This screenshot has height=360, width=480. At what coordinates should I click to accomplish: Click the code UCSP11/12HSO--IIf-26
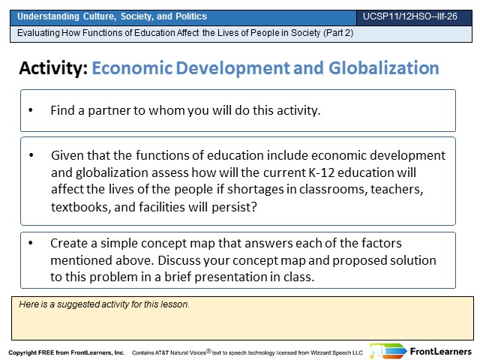tap(410, 16)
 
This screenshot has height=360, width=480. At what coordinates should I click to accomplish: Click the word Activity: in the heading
tap(53, 68)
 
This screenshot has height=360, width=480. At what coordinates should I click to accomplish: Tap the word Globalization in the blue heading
tap(384, 68)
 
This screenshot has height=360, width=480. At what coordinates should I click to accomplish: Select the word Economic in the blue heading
tap(132, 68)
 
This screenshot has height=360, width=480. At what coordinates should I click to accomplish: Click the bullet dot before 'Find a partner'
tap(31, 110)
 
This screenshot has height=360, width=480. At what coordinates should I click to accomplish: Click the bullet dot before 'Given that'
tap(31, 155)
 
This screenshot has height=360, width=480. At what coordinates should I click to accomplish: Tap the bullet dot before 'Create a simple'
tap(31, 243)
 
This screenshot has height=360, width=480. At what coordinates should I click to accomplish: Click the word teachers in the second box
tap(397, 190)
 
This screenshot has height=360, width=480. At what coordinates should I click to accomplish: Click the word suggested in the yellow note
tap(78, 304)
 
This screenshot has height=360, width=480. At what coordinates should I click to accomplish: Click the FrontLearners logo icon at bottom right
tap(388, 351)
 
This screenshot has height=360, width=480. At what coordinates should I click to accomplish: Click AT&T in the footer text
tap(161, 352)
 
